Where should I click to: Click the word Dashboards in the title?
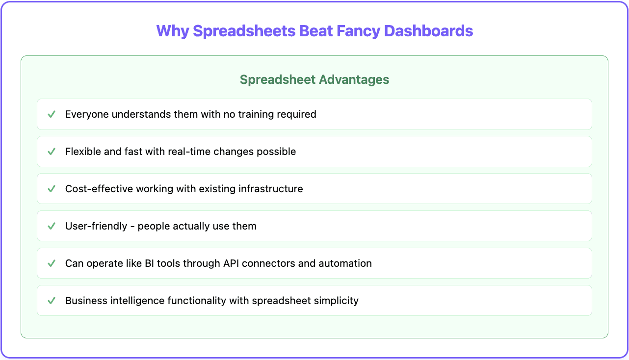[x=428, y=31]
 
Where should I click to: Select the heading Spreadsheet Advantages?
[x=314, y=79]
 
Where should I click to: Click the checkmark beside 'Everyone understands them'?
[x=51, y=114]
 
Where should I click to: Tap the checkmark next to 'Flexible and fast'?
[x=51, y=152]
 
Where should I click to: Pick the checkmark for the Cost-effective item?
[x=51, y=189]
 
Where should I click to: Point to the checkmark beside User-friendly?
[x=51, y=226]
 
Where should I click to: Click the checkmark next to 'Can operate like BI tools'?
[x=51, y=263]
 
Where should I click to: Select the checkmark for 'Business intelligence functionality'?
[x=51, y=301]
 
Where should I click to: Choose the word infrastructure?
[x=271, y=189]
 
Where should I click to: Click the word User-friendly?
[x=96, y=226]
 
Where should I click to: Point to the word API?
[x=231, y=263]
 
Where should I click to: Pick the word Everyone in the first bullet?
[x=86, y=114]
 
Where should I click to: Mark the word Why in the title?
[x=173, y=31]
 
